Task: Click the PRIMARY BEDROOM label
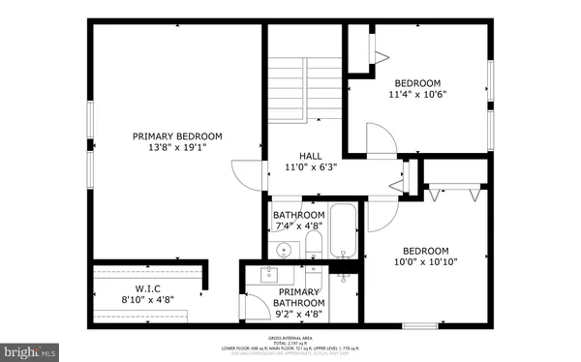(177, 136)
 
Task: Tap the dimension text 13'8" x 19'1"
(177, 148)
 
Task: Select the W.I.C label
(147, 288)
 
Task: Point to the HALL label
(310, 155)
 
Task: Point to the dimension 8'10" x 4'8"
(147, 300)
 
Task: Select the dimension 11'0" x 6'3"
(310, 166)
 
